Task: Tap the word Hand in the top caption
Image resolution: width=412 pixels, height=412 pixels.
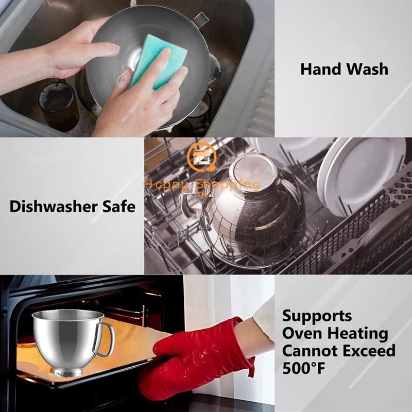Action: coord(320,69)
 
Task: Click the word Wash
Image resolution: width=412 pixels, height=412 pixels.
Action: coord(367,69)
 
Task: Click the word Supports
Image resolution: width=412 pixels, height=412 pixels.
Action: coord(317,316)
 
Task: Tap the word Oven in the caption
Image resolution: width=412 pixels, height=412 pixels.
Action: coord(302,333)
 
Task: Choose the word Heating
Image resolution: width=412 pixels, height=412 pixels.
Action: coord(357,334)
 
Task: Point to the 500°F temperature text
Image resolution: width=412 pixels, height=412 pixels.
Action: coord(303,368)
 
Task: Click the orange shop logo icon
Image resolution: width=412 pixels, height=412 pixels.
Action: coord(202,158)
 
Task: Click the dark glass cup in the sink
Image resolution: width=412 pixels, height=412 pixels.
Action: coord(58,105)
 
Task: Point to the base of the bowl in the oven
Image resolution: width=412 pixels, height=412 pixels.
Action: coord(67,372)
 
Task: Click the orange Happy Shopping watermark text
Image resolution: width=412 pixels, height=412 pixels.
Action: coord(202,185)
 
